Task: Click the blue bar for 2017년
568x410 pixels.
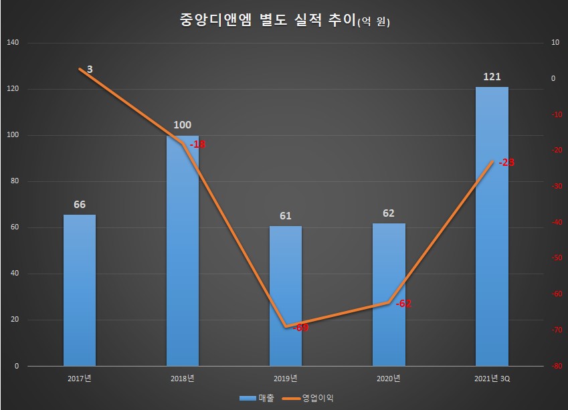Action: (x=80, y=290)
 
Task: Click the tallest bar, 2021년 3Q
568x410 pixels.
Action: (x=492, y=227)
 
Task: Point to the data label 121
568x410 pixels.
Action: (x=492, y=77)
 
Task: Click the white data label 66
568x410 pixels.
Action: (x=80, y=205)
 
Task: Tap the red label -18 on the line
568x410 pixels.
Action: (x=197, y=144)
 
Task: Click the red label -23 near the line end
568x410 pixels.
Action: (x=506, y=163)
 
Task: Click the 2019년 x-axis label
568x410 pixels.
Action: (x=286, y=379)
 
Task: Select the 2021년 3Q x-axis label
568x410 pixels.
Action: (x=492, y=379)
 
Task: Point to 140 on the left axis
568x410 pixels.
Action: (x=13, y=43)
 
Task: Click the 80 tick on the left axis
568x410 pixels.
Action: (x=15, y=181)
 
